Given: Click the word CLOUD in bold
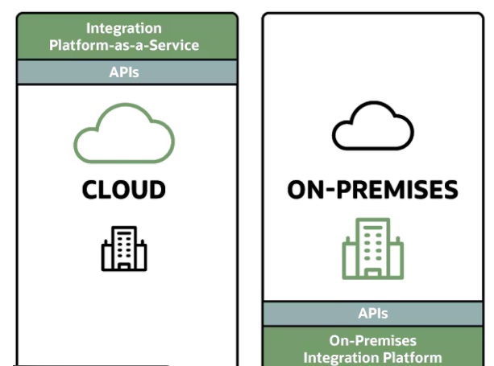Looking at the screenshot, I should [x=123, y=190].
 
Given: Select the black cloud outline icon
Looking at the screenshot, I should [x=372, y=129].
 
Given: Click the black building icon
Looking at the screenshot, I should [x=124, y=248].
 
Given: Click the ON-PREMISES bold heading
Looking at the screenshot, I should [x=372, y=191].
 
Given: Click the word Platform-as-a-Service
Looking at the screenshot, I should [x=123, y=45].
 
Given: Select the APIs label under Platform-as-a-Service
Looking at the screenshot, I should [x=123, y=72].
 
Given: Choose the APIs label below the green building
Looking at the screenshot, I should [x=372, y=314].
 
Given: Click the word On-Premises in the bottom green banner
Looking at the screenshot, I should [x=372, y=340].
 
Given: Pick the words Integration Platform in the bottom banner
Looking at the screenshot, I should [x=372, y=356].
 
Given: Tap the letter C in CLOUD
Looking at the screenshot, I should [x=91, y=190].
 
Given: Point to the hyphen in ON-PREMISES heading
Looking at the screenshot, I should [x=328, y=191].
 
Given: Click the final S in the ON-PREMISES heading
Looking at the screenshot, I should [x=450, y=191].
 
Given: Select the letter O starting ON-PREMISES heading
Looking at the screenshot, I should [x=297, y=191].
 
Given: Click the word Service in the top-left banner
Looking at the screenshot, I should [x=176, y=45].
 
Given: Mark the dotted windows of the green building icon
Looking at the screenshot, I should [x=372, y=244].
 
